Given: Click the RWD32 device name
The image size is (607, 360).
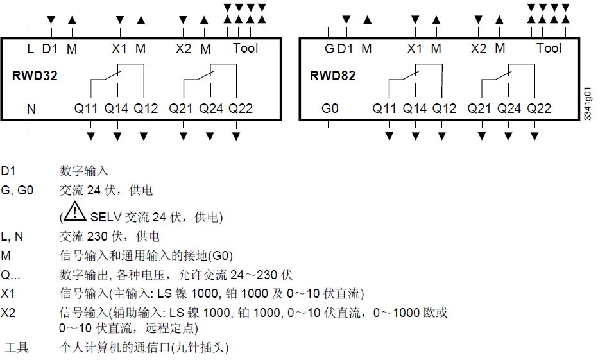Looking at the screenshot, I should click(35, 76).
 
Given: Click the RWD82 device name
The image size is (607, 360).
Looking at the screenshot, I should click(332, 76).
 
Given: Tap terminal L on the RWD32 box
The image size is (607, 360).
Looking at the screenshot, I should click(30, 49).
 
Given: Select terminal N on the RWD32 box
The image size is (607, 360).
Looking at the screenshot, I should click(31, 108).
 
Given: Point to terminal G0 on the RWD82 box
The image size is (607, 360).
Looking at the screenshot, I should click(330, 108).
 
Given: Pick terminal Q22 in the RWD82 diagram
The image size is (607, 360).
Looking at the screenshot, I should click(539, 108).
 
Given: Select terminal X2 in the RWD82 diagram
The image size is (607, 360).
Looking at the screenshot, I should click(479, 49).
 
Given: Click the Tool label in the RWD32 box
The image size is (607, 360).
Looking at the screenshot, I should click(245, 48).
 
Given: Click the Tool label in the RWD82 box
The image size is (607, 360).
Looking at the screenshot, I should click(549, 48).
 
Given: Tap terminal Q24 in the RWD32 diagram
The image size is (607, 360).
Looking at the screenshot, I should click(210, 108).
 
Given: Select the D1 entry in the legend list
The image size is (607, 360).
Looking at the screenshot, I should click(8, 171).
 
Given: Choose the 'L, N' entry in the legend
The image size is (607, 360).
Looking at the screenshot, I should click(12, 237).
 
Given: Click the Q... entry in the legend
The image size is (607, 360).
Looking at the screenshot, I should click(10, 275).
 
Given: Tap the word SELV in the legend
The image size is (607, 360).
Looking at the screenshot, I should click(106, 218).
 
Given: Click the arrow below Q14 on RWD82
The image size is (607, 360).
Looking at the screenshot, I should click(415, 135).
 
